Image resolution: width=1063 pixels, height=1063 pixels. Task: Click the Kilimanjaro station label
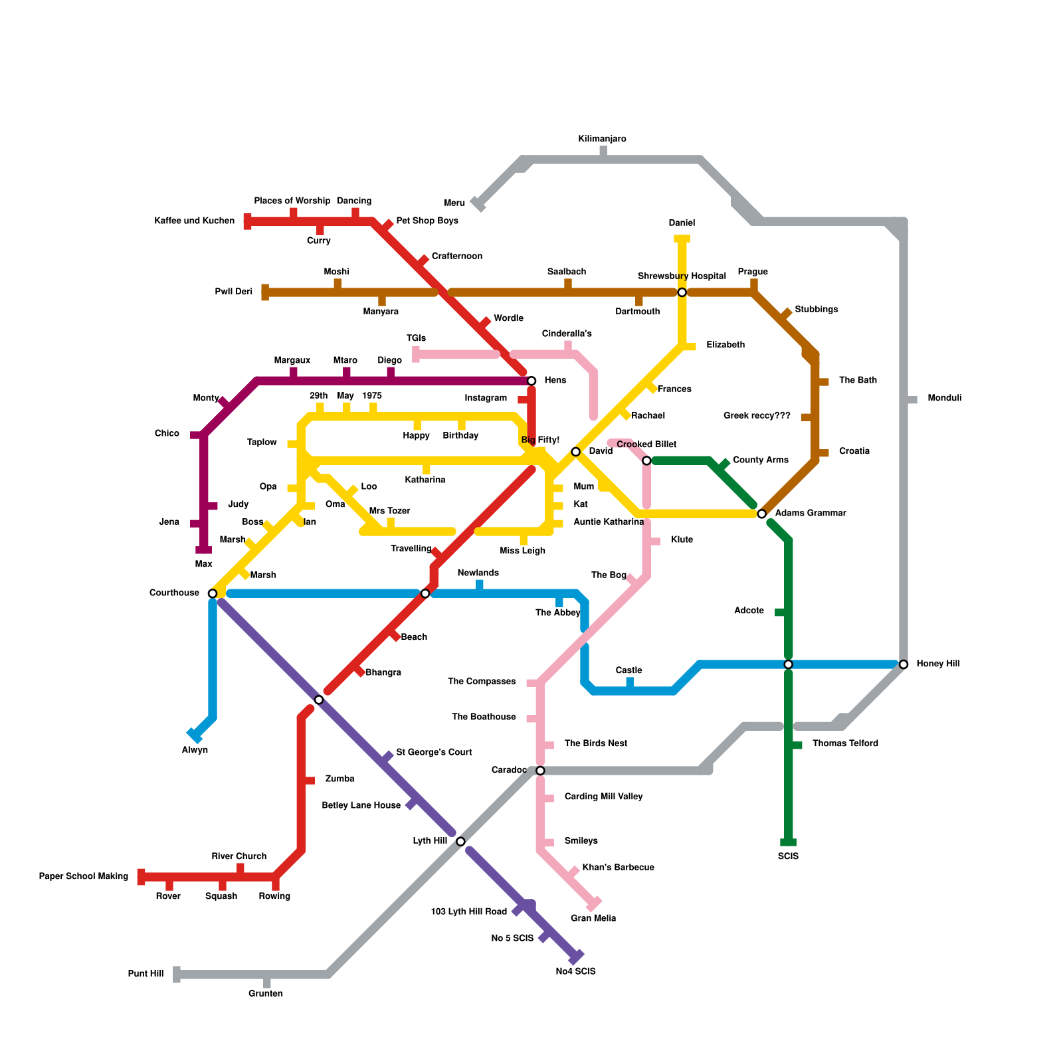tap(602, 139)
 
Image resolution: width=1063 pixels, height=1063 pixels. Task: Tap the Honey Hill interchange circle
tap(904, 664)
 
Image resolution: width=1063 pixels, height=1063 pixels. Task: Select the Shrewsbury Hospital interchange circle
tap(682, 292)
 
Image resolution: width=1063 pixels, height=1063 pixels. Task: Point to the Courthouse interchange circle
tap(213, 593)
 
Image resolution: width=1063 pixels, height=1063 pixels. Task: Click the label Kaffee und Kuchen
tap(194, 221)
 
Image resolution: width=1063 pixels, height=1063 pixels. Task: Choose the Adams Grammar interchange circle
tap(762, 514)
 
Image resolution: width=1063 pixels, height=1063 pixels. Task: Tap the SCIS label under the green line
tap(788, 856)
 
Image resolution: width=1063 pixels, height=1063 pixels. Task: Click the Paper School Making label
tap(84, 876)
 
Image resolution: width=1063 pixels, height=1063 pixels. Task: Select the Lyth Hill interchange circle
tap(460, 841)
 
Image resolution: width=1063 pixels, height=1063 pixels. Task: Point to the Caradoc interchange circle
tap(540, 771)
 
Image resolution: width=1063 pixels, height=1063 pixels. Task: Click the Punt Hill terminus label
tap(145, 974)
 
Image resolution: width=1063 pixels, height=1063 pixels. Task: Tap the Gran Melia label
tap(593, 918)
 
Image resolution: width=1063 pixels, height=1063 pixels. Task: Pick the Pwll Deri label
tap(234, 292)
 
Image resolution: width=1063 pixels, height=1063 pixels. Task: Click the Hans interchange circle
tap(531, 381)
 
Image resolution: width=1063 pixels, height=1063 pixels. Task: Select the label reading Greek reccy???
tap(757, 416)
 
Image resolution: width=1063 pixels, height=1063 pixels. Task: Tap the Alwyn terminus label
tap(195, 750)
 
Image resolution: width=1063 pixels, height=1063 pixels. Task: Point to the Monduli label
tap(944, 398)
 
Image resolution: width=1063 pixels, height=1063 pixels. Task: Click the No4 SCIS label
tap(575, 971)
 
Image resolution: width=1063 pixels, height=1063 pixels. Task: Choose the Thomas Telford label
tap(845, 743)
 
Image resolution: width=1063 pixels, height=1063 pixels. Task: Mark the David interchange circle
tap(576, 452)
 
